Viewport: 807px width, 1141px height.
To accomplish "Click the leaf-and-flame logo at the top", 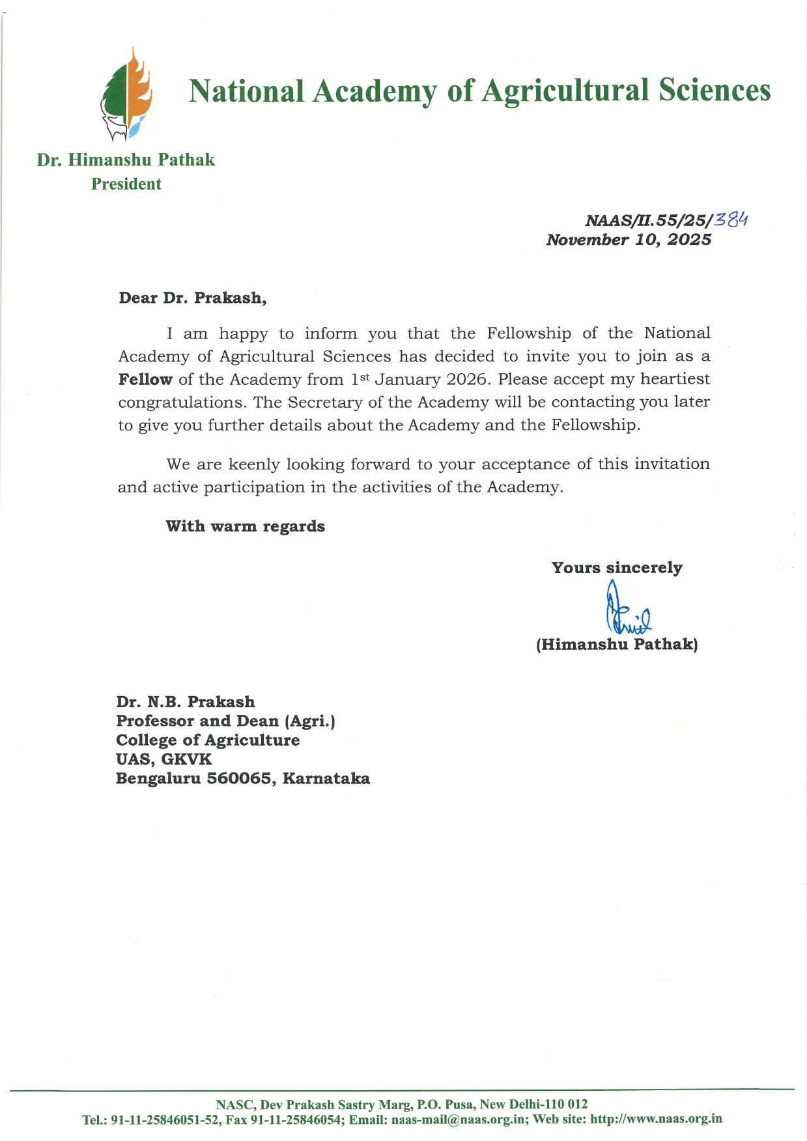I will coord(127,94).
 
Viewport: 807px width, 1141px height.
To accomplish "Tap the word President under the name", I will coord(126,184).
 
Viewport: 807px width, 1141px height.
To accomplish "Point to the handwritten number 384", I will coord(731,219).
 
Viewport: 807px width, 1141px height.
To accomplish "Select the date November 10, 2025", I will coord(629,240).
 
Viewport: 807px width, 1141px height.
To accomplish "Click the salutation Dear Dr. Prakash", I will coord(192,298).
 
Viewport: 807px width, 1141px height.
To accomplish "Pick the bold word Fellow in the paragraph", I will coord(145,380).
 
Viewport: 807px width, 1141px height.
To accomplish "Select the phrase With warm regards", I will coord(245,526).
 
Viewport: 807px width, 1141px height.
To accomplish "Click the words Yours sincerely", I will coord(617,568).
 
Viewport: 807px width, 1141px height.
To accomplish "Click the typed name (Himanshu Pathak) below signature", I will coord(617,645).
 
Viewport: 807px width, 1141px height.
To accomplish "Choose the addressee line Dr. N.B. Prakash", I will coord(186,702).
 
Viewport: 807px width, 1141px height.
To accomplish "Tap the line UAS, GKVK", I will coord(163,759).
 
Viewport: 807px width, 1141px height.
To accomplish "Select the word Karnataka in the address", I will coord(326,779).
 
